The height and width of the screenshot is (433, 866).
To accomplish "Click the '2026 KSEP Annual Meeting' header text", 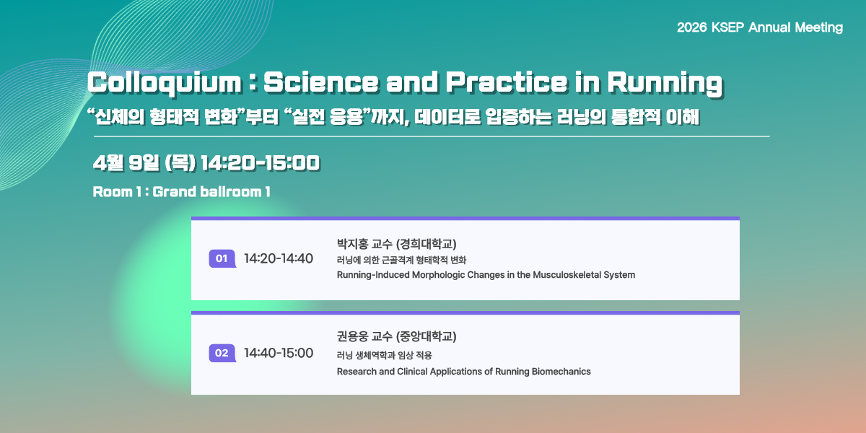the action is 760,27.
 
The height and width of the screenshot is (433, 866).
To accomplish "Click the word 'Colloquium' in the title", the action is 165,83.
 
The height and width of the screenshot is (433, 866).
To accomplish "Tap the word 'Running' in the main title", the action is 665,83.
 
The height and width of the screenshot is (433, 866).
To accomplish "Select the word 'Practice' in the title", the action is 507,82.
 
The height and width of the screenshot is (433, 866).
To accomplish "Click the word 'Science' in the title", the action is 321,82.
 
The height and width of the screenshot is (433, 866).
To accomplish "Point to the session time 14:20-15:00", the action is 261,163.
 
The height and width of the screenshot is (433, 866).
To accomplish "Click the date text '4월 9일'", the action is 126,163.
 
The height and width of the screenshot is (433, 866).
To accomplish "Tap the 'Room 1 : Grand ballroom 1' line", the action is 181,192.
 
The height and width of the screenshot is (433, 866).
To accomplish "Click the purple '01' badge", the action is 222,258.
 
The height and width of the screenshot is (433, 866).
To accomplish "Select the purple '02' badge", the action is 222,353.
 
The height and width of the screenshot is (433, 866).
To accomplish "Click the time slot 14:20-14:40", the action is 279,258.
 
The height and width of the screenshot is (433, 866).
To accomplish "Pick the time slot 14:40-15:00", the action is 279,353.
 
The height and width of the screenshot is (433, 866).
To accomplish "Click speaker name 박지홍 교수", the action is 364,244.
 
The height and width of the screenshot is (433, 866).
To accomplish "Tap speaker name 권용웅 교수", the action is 364,336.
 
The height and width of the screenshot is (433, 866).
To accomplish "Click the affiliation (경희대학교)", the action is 426,244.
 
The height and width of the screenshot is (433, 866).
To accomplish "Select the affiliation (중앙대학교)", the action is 426,336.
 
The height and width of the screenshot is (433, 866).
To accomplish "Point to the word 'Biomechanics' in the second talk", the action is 561,372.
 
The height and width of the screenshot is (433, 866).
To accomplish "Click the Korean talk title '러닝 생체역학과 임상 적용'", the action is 384,355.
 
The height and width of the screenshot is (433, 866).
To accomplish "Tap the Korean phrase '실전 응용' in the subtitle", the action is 328,116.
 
